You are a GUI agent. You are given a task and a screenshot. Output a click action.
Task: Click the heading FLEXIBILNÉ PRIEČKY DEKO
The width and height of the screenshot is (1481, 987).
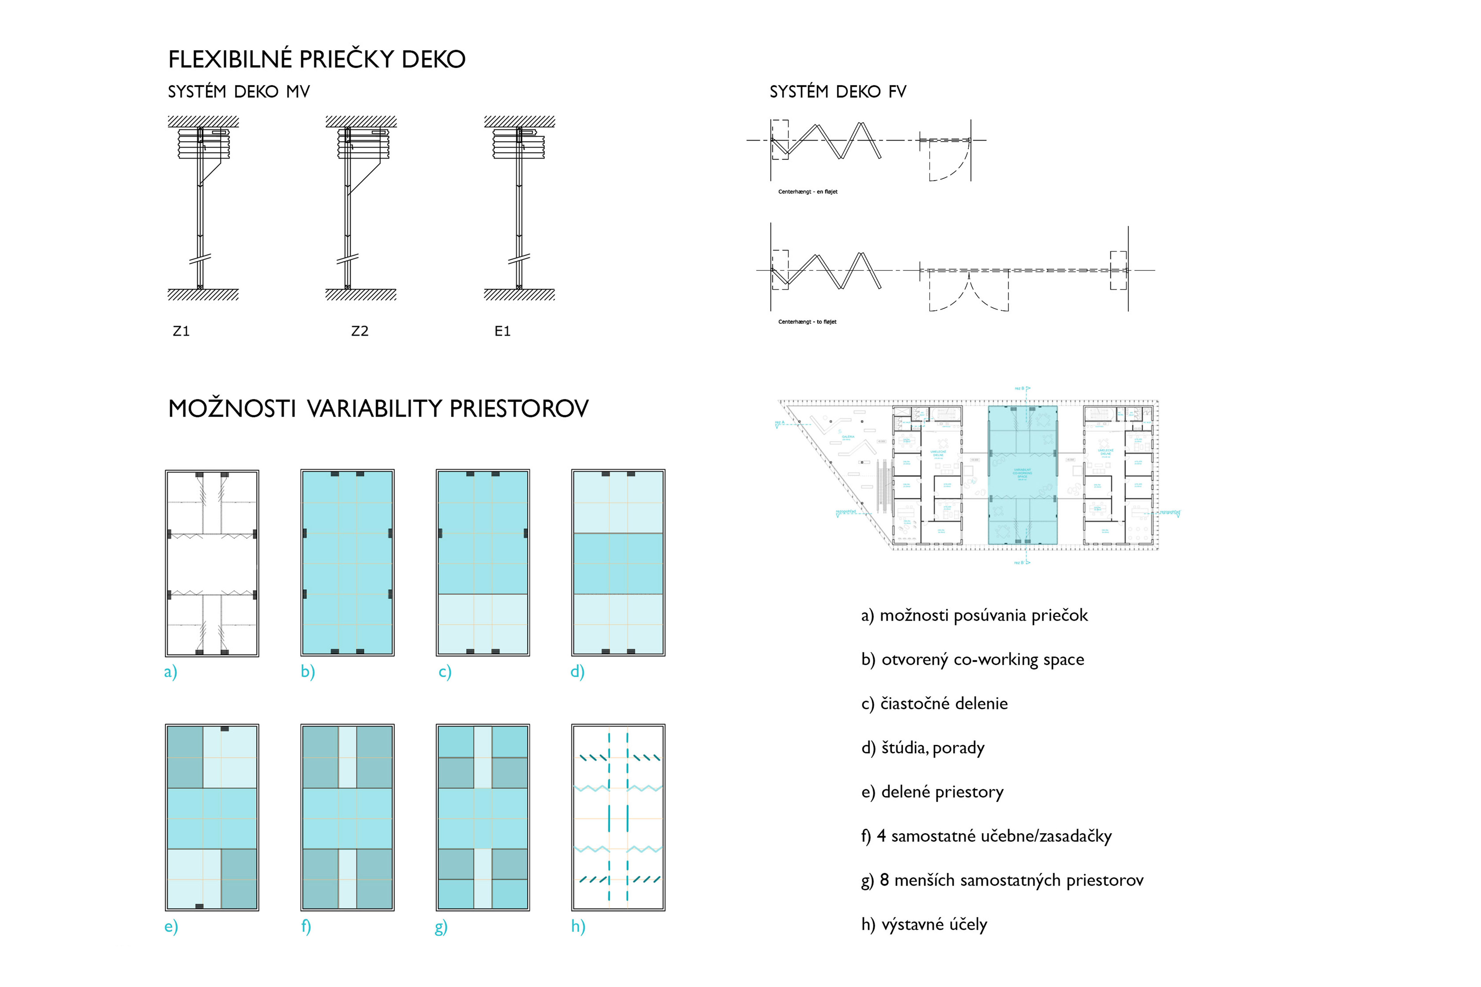click(317, 59)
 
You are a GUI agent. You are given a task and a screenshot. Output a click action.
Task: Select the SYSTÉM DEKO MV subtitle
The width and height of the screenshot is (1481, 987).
click(239, 92)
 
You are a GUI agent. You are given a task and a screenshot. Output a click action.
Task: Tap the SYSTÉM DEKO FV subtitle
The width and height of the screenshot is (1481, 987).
click(837, 92)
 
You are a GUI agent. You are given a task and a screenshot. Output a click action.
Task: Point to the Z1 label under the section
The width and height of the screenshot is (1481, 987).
click(181, 331)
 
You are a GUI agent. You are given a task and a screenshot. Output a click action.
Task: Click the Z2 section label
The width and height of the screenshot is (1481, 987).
click(359, 331)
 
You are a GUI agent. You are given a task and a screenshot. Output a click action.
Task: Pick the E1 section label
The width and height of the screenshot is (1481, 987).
click(502, 331)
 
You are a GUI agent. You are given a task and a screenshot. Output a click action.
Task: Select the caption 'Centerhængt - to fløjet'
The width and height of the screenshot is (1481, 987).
click(807, 322)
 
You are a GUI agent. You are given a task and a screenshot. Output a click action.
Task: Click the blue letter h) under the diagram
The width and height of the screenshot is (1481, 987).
click(578, 926)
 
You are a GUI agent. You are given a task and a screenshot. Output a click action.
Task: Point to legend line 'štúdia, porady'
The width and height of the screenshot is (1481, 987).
click(922, 748)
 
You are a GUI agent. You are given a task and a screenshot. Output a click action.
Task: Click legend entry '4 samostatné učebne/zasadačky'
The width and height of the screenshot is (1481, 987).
click(987, 836)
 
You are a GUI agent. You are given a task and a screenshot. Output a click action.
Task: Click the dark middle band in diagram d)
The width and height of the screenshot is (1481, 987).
click(618, 563)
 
